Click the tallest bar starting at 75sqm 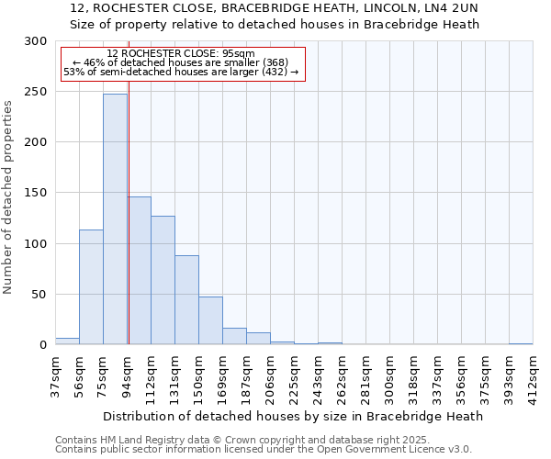click(x=115, y=220)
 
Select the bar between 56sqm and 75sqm click(x=91, y=287)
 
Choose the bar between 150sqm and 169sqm click(x=210, y=320)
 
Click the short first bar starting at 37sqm click(x=67, y=341)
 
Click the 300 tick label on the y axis click(x=36, y=41)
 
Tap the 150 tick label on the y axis click(x=36, y=194)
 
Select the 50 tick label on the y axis click(x=39, y=295)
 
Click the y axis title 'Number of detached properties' click(x=8, y=198)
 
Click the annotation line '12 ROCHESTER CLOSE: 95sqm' click(x=181, y=53)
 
